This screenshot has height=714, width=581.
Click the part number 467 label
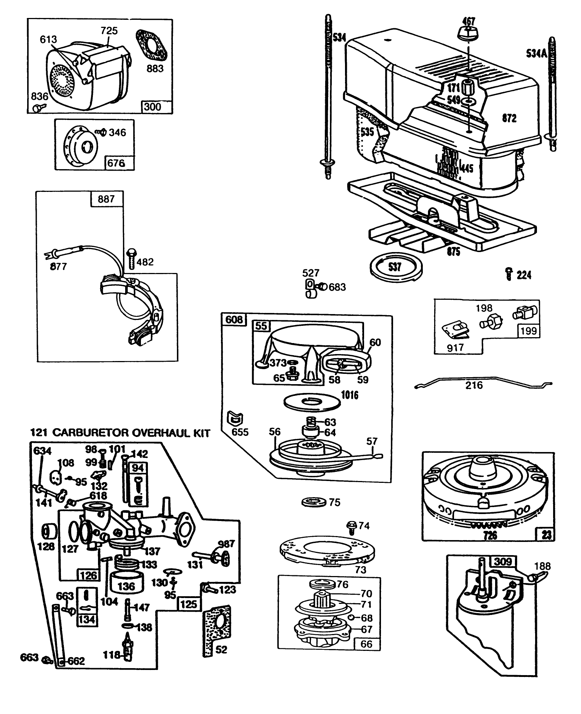point(469,21)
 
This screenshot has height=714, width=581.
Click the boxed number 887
point(106,199)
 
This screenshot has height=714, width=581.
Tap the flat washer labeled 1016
point(312,401)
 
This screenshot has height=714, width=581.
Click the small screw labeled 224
point(508,274)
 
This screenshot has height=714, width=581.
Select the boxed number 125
point(189,604)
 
